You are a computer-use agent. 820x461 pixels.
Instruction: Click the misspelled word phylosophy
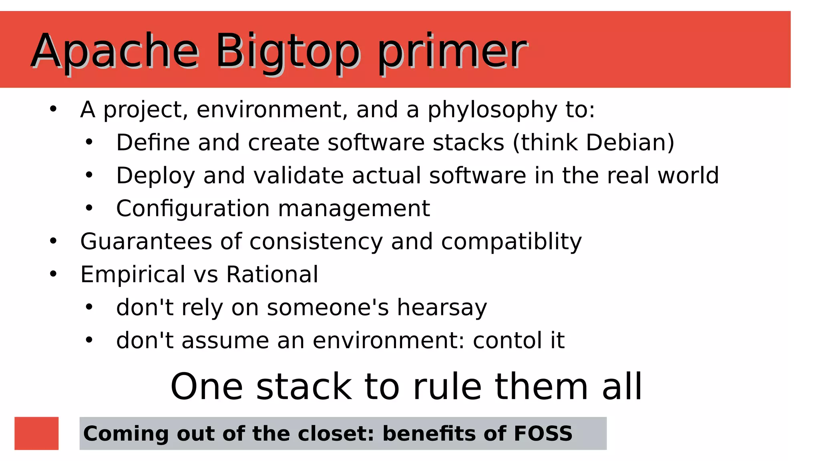pyautogui.click(x=492, y=110)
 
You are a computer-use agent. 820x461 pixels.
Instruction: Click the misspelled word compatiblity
pyautogui.click(x=511, y=242)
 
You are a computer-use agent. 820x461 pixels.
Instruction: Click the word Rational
pyautogui.click(x=272, y=275)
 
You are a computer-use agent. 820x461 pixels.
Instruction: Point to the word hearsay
pyautogui.click(x=442, y=308)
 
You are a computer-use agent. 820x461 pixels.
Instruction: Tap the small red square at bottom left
pyautogui.click(x=36, y=433)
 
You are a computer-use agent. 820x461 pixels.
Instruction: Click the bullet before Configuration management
pyautogui.click(x=89, y=208)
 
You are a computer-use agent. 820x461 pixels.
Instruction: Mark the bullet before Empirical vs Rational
pyautogui.click(x=53, y=274)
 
